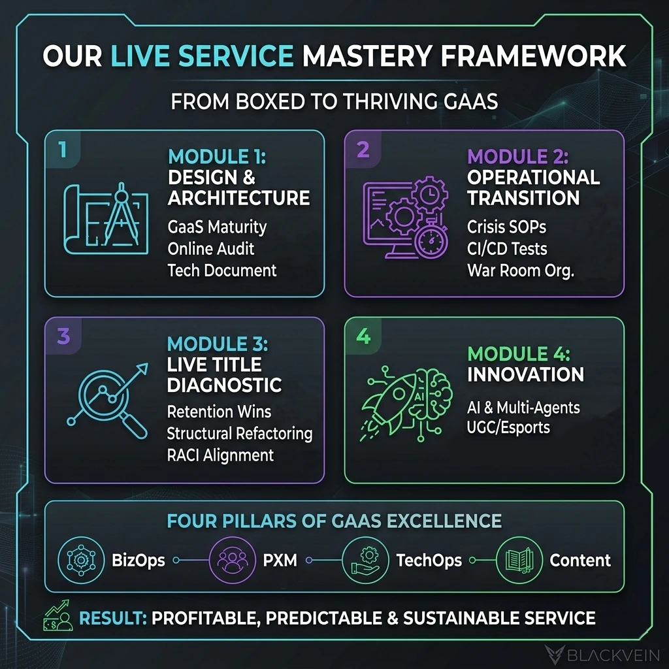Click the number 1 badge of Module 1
click(x=62, y=150)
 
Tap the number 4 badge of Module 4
click(x=363, y=336)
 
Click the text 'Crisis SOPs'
click(x=506, y=227)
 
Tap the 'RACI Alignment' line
click(x=220, y=455)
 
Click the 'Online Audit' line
click(x=210, y=248)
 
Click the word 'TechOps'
click(x=429, y=560)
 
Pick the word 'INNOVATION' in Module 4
click(x=525, y=374)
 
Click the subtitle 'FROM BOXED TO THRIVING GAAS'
click(x=334, y=103)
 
